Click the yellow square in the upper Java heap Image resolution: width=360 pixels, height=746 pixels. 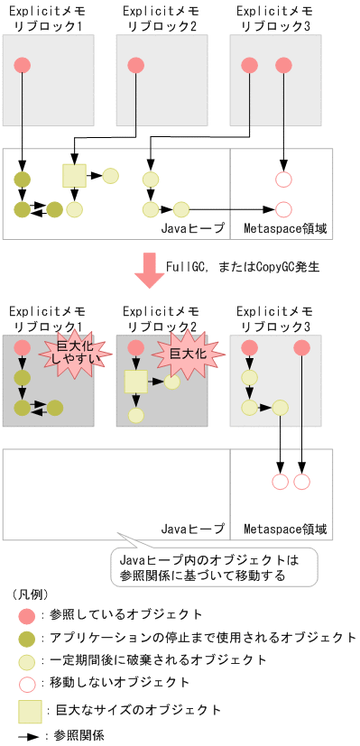(74, 175)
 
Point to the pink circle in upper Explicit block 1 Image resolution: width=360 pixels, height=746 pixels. (23, 65)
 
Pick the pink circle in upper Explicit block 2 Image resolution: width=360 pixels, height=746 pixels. (136, 65)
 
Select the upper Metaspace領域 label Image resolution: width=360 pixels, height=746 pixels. (284, 229)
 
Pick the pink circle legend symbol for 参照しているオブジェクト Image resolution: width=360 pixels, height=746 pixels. (26, 616)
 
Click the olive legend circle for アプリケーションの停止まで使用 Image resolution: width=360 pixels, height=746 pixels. (26, 638)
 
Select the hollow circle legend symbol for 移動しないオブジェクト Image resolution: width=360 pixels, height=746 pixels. (26, 683)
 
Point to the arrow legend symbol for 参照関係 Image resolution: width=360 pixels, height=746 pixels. (28, 736)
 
